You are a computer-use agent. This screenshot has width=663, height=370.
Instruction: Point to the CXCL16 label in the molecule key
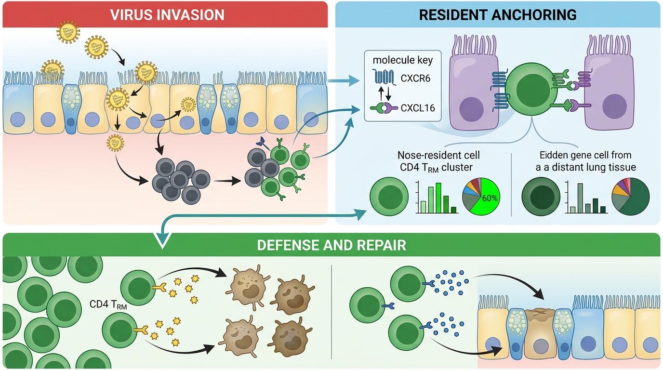[418, 108]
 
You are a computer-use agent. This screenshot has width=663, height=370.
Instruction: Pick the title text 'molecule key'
[402, 60]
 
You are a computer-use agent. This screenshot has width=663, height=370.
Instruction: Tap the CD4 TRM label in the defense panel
[105, 305]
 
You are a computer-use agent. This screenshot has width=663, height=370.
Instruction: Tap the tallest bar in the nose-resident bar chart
[438, 198]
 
